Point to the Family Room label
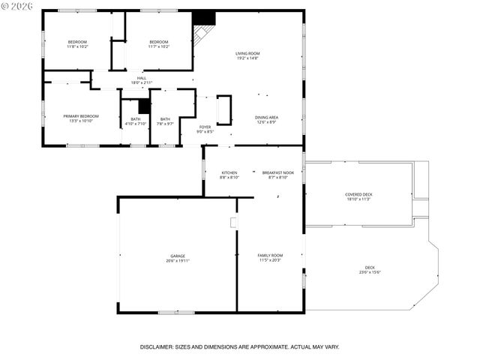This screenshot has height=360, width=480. click(x=270, y=257)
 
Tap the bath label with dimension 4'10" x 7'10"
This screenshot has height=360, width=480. click(x=135, y=121)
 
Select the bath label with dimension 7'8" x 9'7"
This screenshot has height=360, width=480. click(x=164, y=121)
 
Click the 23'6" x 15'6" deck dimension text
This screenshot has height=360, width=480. click(x=370, y=272)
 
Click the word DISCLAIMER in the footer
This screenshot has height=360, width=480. click(x=161, y=347)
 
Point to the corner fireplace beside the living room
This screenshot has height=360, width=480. click(x=202, y=30)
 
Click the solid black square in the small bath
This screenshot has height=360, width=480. click(x=144, y=106)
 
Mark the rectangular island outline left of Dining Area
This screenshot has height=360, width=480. click(x=223, y=109)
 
